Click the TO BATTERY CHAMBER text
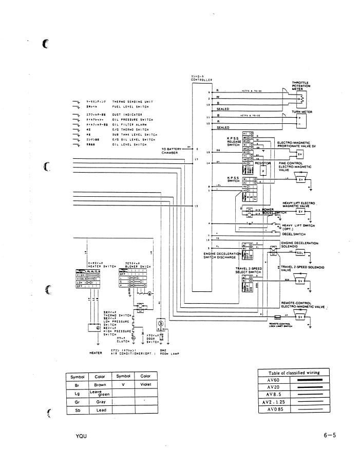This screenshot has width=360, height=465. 170,151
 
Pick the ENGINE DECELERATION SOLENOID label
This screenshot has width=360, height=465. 299,245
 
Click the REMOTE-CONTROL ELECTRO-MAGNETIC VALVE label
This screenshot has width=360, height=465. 304,305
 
